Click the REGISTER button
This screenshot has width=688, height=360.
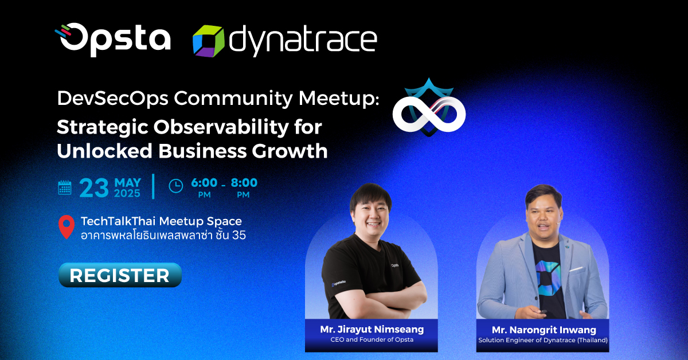[x=120, y=275]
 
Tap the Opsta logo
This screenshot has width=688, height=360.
[x=112, y=40]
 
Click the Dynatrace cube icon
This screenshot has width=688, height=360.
[x=209, y=41]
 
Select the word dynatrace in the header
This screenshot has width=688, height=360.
[x=303, y=41]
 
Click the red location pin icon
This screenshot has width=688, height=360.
[x=67, y=226]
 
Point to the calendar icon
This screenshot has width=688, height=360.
[x=64, y=187]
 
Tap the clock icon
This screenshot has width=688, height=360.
[x=176, y=186]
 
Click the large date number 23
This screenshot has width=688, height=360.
[x=94, y=187]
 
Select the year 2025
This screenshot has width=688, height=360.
[x=127, y=194]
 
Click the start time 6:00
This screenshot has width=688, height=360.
[x=204, y=183]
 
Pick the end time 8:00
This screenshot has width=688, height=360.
[x=244, y=183]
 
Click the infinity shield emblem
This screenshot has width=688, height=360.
[x=429, y=108]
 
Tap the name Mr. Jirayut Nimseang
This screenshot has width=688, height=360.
[x=372, y=329]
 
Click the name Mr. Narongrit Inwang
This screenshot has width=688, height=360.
[x=544, y=330]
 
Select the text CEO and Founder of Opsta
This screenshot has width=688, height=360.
[x=372, y=340]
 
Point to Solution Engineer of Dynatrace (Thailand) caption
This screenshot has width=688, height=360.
[x=543, y=341]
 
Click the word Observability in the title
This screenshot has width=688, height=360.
[x=221, y=127]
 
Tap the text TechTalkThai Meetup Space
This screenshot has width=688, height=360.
[x=161, y=221]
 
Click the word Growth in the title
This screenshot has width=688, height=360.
[x=290, y=151]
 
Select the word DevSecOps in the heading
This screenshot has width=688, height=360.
[x=113, y=99]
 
